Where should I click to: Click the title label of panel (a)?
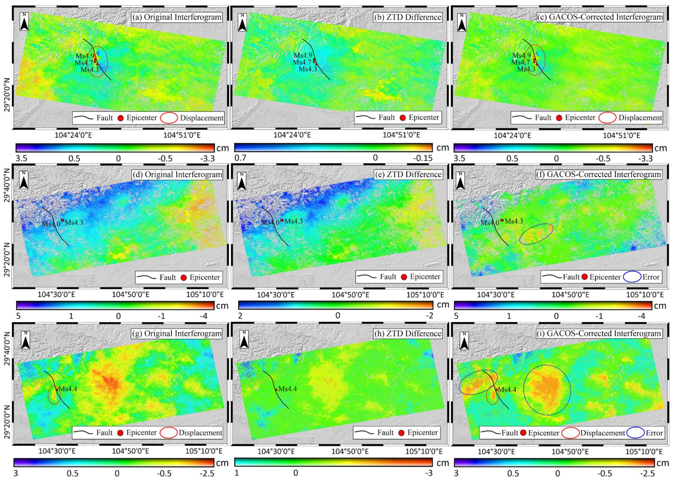(x=177, y=17)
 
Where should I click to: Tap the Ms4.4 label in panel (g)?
(x=68, y=389)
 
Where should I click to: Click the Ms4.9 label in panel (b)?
(x=303, y=56)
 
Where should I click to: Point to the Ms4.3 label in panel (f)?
(x=514, y=221)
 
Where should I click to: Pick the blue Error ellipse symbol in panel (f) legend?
(x=632, y=277)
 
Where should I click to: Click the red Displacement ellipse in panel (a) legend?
(x=169, y=118)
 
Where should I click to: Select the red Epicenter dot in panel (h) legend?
(x=401, y=433)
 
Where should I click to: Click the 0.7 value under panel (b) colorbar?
(x=240, y=158)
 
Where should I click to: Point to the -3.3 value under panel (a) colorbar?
(x=207, y=159)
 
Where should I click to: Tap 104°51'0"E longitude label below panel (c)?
(x=621, y=135)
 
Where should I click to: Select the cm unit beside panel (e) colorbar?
(x=443, y=304)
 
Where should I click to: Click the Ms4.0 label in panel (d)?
(x=51, y=224)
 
